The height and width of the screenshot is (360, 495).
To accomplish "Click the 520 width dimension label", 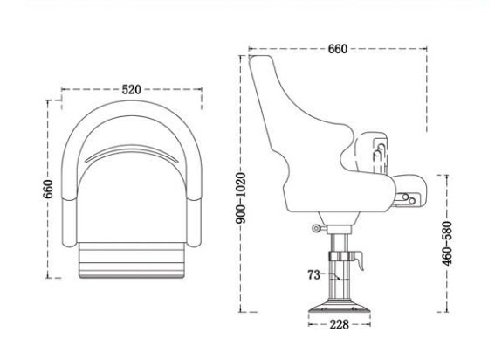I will point(132,90).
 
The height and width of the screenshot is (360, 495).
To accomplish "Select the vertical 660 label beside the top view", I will point(49,188).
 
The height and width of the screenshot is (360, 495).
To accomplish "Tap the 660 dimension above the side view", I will point(337,49).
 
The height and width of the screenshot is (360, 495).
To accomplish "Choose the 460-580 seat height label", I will point(448,245).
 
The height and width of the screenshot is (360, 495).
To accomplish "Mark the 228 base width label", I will point(340,324).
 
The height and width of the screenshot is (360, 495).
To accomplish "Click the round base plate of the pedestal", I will point(340,308).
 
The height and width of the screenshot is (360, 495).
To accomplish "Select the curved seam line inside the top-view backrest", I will point(133,153).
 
